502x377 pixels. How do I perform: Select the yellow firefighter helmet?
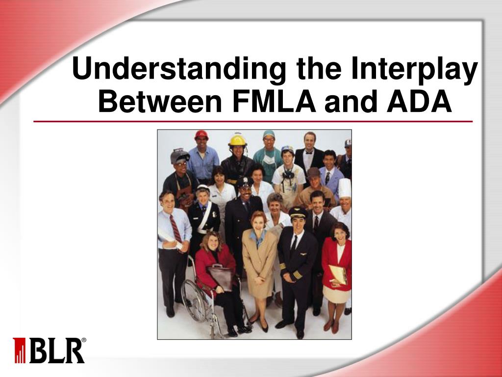(237, 140)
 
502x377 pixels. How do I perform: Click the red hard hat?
(201, 135)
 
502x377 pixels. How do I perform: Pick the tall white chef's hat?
(345, 188)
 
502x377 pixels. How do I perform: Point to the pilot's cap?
(297, 212)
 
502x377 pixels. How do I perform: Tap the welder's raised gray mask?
(180, 156)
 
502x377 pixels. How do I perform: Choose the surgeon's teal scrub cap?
(269, 134)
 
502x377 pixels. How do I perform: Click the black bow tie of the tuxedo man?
(309, 152)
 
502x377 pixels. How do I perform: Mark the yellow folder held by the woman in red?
(338, 273)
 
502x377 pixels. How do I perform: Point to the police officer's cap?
(245, 183)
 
